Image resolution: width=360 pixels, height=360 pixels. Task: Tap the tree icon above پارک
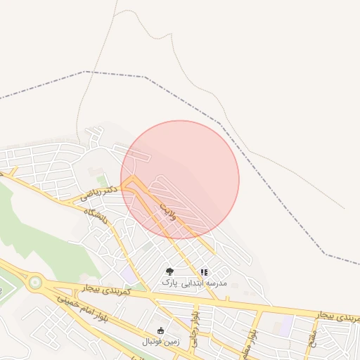coord(169,271)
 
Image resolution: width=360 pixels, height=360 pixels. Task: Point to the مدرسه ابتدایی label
coord(205,283)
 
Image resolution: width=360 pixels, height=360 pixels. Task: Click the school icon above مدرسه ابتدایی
coord(205,272)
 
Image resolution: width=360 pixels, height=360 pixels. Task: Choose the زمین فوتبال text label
coord(161,342)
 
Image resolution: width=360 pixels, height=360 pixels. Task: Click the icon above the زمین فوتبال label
coord(161,330)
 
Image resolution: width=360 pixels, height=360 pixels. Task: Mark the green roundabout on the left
coord(35,283)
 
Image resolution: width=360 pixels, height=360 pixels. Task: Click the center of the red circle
coord(180,179)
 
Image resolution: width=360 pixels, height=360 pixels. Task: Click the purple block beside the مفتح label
coord(286,325)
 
